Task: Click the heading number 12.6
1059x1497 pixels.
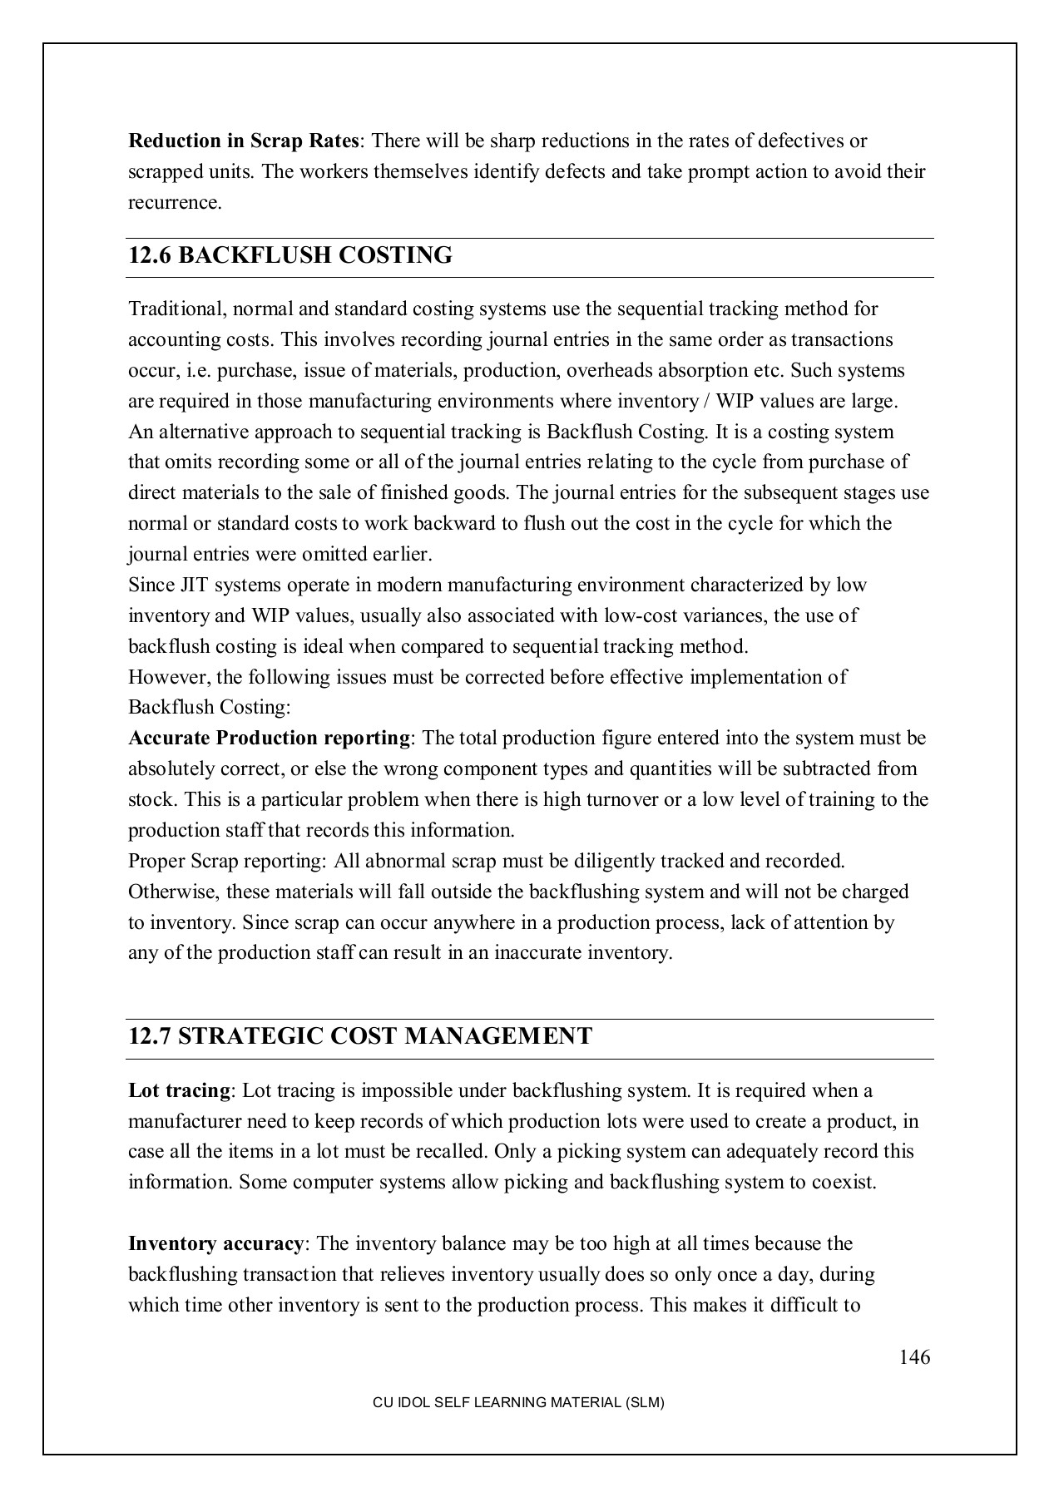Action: click(150, 255)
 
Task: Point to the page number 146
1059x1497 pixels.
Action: click(914, 1358)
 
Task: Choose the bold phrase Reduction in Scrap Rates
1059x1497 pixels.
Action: click(244, 141)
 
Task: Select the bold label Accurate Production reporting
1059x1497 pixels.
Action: click(270, 739)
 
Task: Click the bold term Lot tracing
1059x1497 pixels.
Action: click(179, 1090)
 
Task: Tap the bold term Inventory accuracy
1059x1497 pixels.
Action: click(216, 1244)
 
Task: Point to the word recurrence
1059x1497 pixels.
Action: click(175, 203)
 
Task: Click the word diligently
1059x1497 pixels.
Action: click(602, 861)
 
